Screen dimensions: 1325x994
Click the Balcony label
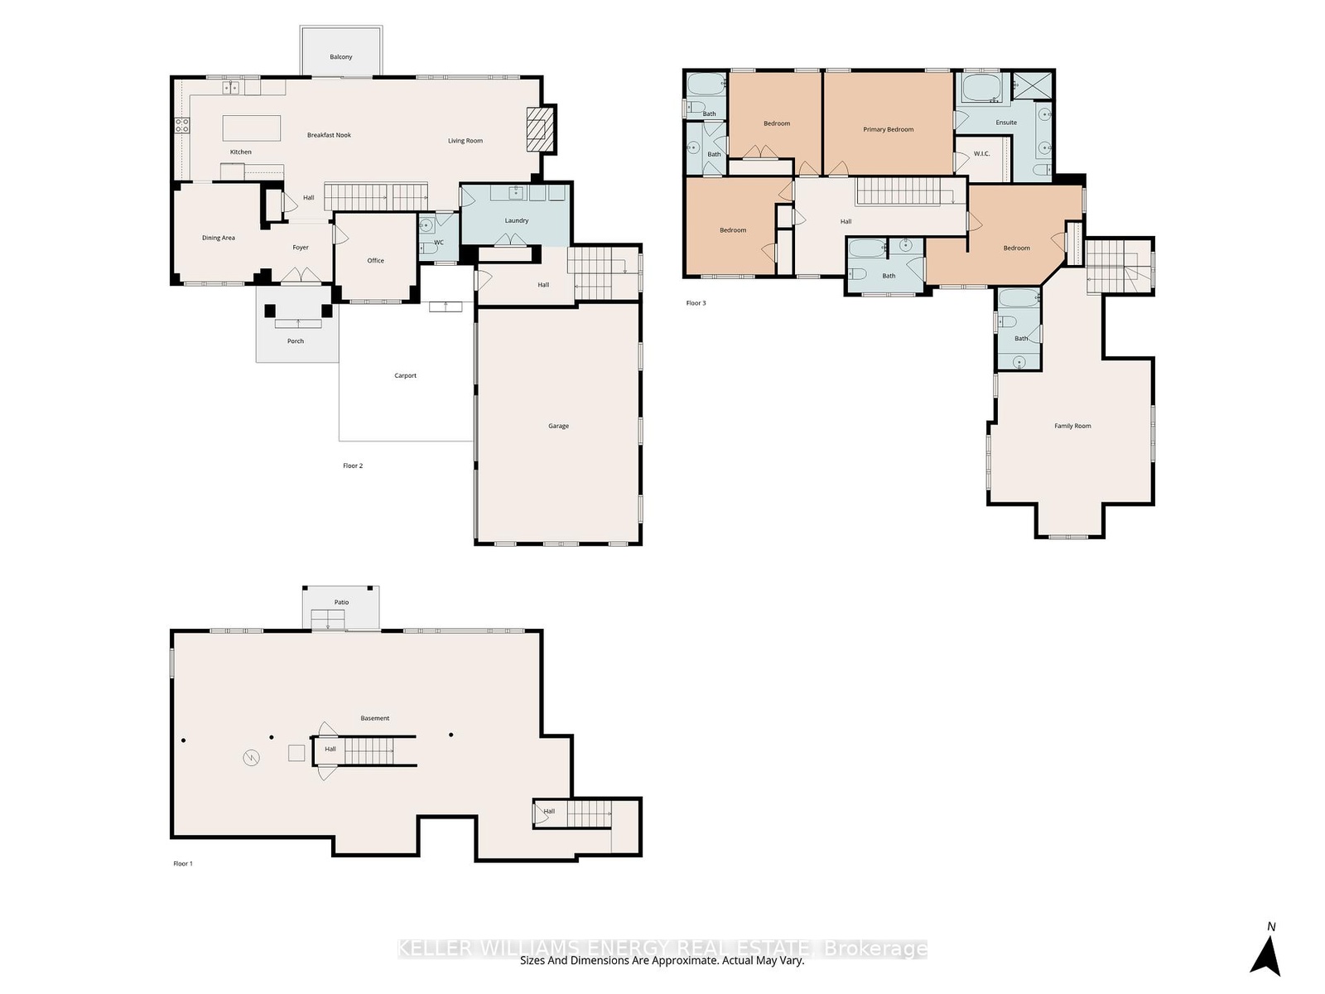pos(340,56)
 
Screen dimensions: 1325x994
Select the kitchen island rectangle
pos(252,128)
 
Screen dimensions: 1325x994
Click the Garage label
pos(558,426)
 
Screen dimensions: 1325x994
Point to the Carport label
pos(405,375)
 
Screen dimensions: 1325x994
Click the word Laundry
pos(517,220)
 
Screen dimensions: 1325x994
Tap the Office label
pos(375,261)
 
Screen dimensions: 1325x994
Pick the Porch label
pos(295,341)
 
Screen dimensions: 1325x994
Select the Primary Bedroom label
pos(888,129)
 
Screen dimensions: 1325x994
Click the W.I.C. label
pos(981,154)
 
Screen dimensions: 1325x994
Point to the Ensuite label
pos(1006,123)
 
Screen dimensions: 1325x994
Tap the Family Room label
pos(1072,426)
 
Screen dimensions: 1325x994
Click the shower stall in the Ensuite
pos(1032,85)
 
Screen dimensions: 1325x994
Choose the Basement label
pos(375,718)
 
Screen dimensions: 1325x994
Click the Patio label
pos(342,602)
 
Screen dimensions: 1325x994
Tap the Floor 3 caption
pos(696,303)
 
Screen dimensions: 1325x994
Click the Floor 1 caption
pos(183,864)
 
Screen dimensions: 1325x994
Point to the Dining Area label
pos(219,238)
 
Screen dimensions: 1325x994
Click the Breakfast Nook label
pos(329,135)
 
